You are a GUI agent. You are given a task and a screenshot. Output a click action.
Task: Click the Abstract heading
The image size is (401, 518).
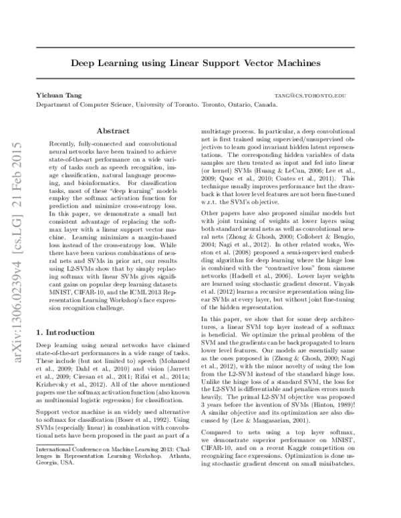tap(113, 132)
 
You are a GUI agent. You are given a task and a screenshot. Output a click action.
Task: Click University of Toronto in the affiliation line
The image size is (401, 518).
tap(166, 105)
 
